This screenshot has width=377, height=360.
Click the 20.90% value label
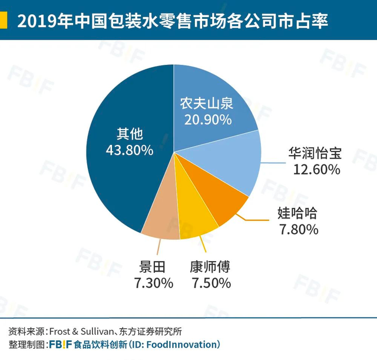click(207, 119)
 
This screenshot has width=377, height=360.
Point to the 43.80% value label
click(129, 150)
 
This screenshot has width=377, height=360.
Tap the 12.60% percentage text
click(316, 170)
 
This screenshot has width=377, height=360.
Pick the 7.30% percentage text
click(153, 283)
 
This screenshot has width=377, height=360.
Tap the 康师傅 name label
click(210, 266)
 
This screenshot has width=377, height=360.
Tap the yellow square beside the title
click(5, 22)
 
